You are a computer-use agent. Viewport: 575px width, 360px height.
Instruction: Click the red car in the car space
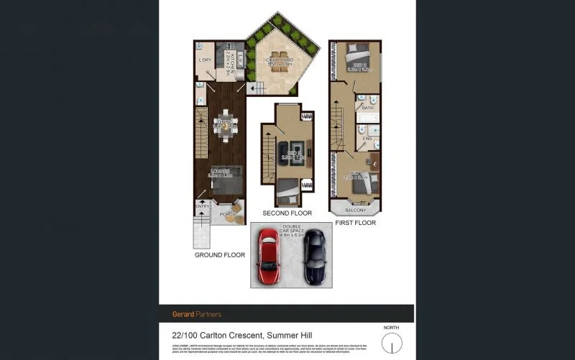click(x=268, y=257)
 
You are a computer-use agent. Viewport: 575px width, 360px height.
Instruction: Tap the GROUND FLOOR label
click(x=220, y=255)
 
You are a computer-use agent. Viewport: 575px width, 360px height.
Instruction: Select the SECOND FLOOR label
click(x=286, y=213)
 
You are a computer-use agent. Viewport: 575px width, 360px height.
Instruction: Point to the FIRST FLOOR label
click(x=355, y=223)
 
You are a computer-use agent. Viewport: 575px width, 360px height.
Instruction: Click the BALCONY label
click(x=355, y=210)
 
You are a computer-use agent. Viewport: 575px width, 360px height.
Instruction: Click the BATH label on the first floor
click(x=367, y=108)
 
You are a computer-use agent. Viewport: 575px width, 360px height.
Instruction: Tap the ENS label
click(x=367, y=138)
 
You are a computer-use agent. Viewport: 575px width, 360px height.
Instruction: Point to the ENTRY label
click(x=203, y=207)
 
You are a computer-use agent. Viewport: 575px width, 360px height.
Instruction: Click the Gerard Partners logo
click(x=197, y=314)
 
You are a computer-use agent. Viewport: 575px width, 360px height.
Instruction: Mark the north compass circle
click(x=391, y=345)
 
